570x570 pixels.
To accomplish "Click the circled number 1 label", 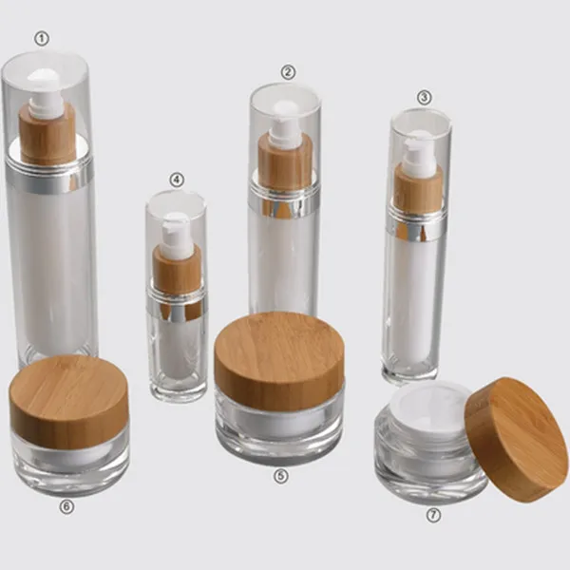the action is tap(42, 39).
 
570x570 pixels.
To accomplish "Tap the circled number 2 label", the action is tap(288, 72).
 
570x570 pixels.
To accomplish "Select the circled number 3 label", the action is tap(425, 97).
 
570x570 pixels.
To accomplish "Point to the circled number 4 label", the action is tap(177, 180).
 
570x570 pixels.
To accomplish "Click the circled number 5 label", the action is tap(281, 476).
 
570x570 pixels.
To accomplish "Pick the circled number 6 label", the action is tap(66, 506).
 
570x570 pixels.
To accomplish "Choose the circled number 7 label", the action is tap(433, 515).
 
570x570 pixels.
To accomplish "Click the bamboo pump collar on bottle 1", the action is tap(47, 133).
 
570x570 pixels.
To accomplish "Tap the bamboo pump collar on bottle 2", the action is tap(285, 162).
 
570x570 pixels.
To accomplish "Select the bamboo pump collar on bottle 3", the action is tap(418, 188).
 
